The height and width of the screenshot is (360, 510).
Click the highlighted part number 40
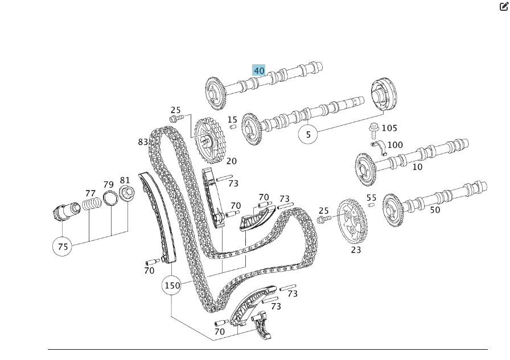click(x=259, y=71)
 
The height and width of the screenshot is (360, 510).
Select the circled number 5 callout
click(x=309, y=135)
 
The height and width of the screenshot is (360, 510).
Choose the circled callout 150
click(x=171, y=285)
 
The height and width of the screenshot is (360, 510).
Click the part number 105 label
click(x=389, y=128)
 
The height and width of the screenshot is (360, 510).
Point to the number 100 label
click(x=394, y=145)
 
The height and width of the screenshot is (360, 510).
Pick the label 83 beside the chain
click(x=143, y=142)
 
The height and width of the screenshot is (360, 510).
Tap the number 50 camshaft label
click(x=435, y=210)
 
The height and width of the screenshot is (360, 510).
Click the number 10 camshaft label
click(x=417, y=167)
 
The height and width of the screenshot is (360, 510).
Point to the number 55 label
click(x=371, y=198)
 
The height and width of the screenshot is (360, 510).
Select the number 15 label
click(x=232, y=119)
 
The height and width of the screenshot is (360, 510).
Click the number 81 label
click(x=125, y=180)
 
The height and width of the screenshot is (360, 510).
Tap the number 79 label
click(x=108, y=184)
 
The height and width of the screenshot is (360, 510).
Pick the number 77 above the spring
click(x=91, y=193)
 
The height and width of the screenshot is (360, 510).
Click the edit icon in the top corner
click(x=503, y=7)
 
